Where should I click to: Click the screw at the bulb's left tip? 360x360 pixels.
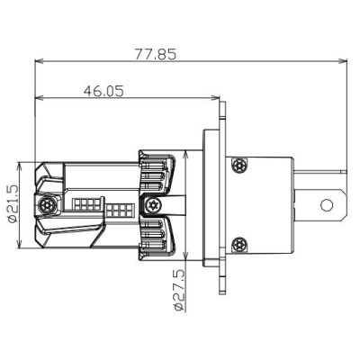pyautogui.click(x=46, y=206)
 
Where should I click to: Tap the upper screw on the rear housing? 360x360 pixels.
pyautogui.click(x=238, y=165)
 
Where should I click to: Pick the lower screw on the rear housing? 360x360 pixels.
pyautogui.click(x=238, y=244)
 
